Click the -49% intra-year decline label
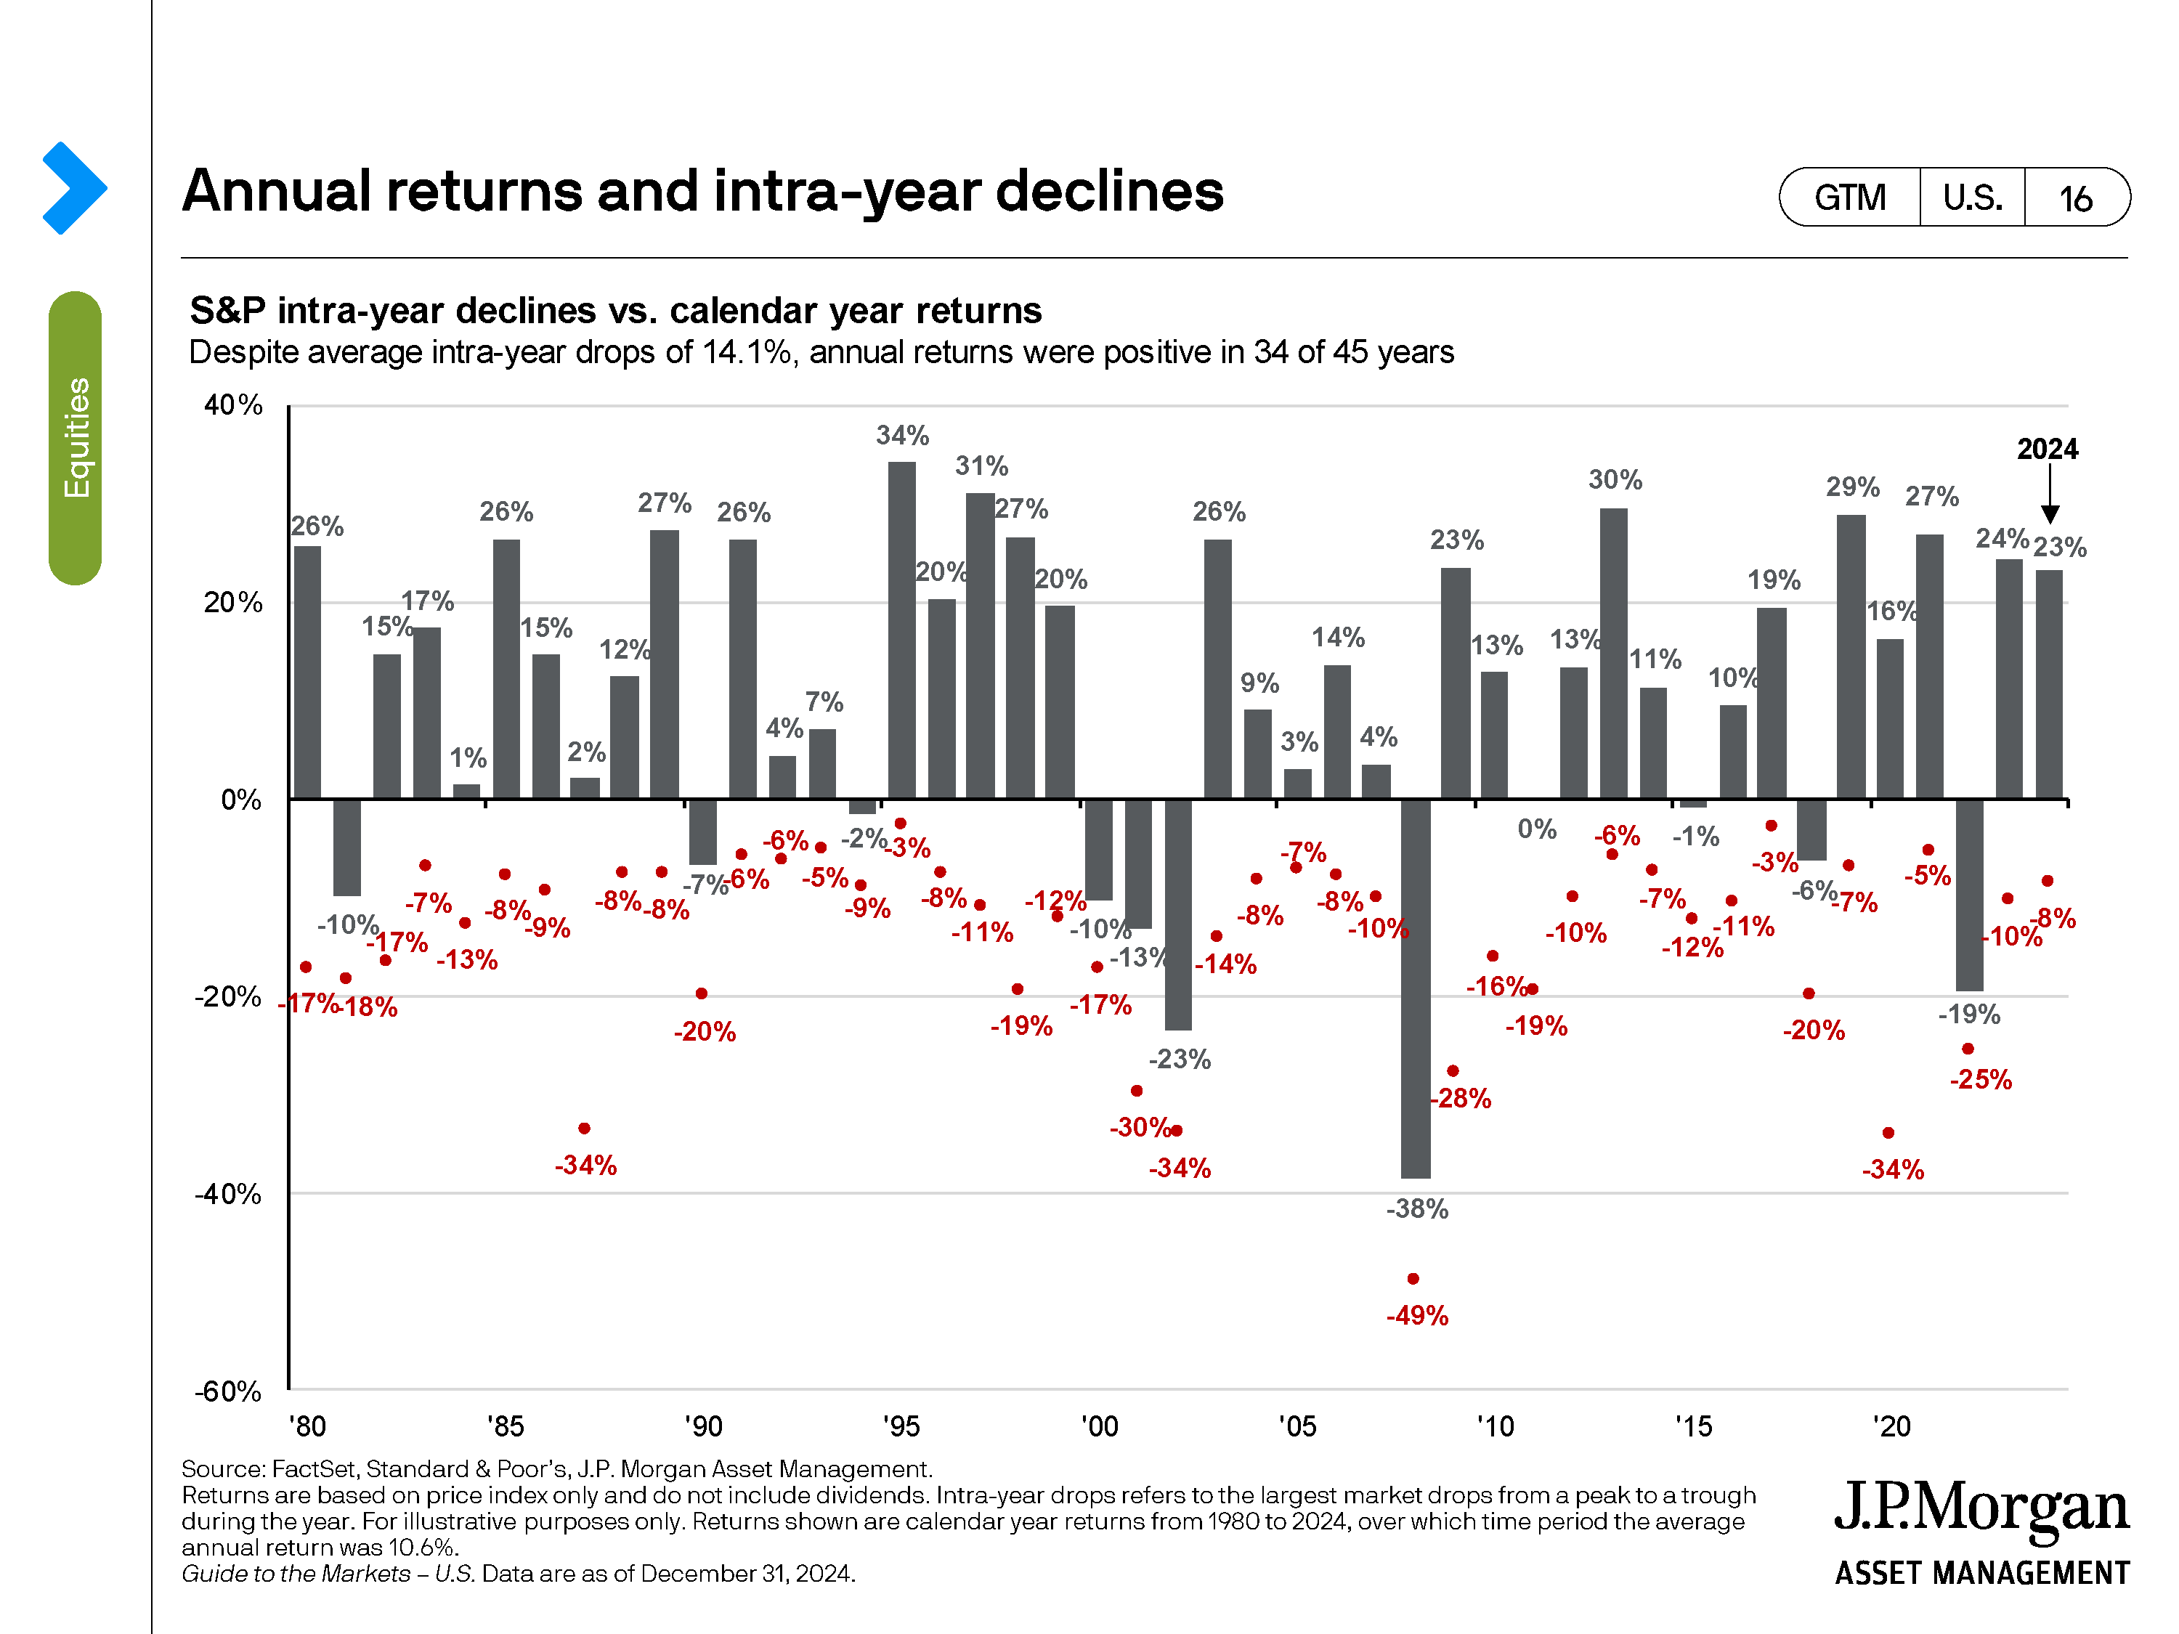[x=1416, y=1315]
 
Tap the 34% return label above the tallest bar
[x=902, y=435]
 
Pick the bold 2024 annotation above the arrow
[x=2047, y=449]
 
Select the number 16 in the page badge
[x=2076, y=199]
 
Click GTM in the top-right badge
[x=1850, y=198]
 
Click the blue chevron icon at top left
[x=74, y=188]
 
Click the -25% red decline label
[x=1980, y=1079]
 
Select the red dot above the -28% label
[x=1453, y=1070]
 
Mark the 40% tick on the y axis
[x=233, y=405]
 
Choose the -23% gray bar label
[x=1179, y=1059]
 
